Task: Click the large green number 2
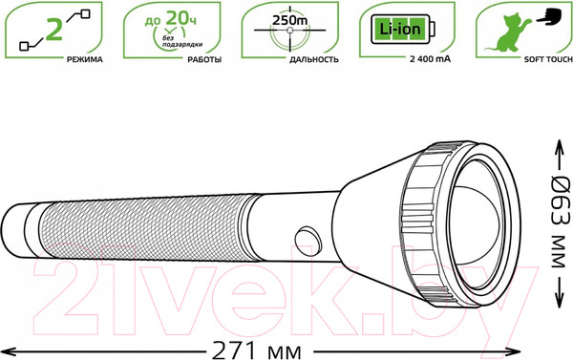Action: tap(54, 30)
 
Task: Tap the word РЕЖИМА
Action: tap(84, 59)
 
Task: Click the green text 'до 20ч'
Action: tap(170, 18)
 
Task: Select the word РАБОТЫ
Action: tap(204, 59)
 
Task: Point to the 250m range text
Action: tap(289, 20)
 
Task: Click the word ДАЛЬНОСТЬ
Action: tap(314, 59)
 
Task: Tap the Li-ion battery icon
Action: tap(403, 30)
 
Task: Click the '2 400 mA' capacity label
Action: tap(430, 59)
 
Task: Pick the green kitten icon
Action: tap(508, 33)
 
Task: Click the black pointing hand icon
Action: tap(549, 17)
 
